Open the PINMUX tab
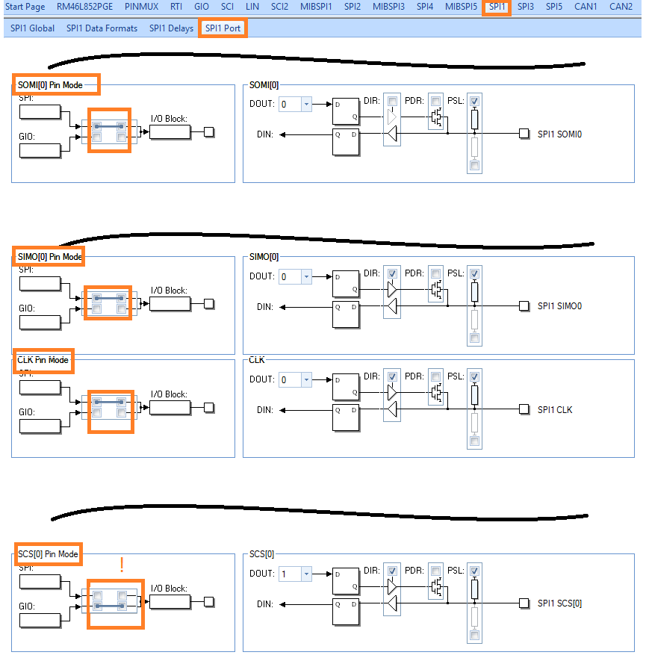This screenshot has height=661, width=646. click(142, 7)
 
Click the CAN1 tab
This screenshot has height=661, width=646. click(586, 7)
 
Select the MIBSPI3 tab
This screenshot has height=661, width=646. click(388, 7)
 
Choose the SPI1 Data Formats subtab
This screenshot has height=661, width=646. click(102, 28)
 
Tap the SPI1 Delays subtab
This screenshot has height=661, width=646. click(171, 28)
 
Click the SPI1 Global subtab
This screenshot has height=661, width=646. click(32, 28)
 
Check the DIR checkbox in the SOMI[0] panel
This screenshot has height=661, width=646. click(392, 101)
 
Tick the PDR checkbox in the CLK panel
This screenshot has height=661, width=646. click(435, 376)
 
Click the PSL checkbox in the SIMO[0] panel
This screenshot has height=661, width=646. click(474, 273)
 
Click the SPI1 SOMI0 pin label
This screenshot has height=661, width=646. click(559, 134)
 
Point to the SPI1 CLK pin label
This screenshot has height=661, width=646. click(555, 409)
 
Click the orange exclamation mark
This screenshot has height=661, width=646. click(122, 565)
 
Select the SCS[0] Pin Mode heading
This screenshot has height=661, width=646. click(48, 554)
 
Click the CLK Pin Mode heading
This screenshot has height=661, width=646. click(43, 360)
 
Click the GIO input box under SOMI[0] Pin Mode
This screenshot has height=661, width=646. click(40, 150)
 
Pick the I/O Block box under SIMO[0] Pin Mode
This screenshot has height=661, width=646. click(170, 304)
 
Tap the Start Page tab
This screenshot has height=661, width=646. click(25, 7)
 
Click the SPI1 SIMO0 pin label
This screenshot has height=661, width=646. click(559, 306)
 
